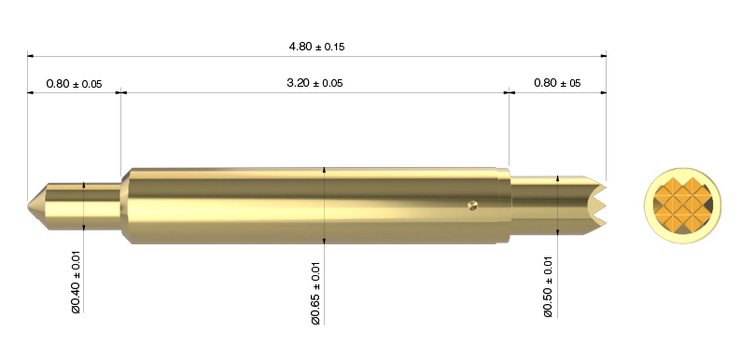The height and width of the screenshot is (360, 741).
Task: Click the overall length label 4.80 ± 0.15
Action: tap(316, 47)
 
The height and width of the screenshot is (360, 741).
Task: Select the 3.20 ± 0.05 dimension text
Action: tap(315, 83)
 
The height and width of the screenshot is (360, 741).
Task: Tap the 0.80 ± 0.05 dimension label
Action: tap(75, 84)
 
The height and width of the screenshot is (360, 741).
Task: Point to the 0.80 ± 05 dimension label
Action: tap(557, 83)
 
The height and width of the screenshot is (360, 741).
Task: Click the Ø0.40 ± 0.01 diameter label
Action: tap(77, 283)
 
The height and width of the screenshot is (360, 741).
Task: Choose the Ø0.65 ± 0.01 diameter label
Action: tap(315, 294)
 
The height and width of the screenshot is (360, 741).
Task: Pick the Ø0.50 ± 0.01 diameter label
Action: tap(548, 286)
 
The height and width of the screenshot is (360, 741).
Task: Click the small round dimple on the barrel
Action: tap(472, 204)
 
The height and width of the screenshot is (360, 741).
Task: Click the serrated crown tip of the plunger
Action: tap(596, 205)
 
